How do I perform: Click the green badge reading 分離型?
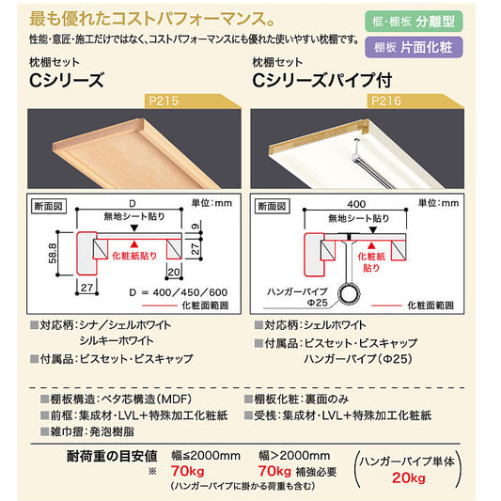414,22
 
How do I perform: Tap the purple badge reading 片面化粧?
414,47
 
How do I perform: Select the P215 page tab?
193,102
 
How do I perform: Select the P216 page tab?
415,102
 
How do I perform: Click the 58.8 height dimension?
53,253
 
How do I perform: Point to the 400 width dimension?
356,204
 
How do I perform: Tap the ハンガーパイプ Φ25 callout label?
297,296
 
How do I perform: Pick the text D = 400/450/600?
179,292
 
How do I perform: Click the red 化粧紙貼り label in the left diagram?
134,256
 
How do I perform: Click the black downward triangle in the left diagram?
134,227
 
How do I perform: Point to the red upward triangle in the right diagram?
371,245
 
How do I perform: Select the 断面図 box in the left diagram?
49,207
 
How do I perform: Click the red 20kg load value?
409,478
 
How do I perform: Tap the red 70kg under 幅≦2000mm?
188,471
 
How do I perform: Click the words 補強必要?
317,472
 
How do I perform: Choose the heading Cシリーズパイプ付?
322,81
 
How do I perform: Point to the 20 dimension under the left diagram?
174,272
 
